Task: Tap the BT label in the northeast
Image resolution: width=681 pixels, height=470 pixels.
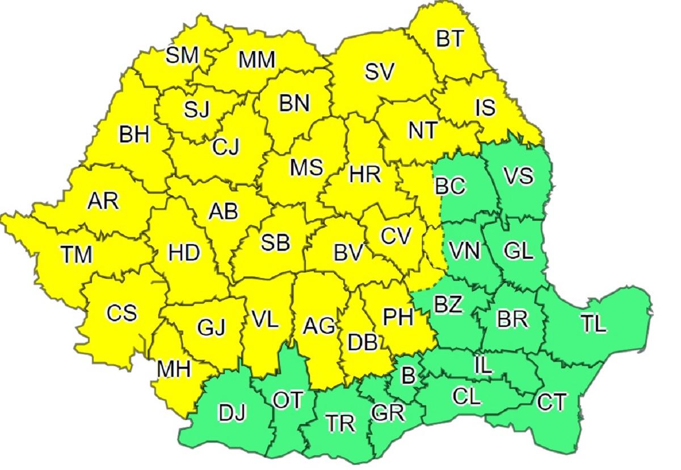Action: click(x=450, y=39)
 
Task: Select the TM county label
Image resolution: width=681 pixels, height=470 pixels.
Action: click(x=77, y=254)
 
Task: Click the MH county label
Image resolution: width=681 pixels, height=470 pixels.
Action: click(x=174, y=370)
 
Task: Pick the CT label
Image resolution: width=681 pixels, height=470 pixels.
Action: click(x=551, y=402)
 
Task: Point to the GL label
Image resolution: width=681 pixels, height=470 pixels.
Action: click(x=518, y=250)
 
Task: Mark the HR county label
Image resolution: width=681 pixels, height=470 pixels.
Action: click(x=365, y=174)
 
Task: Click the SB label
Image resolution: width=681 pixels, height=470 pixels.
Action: click(x=275, y=242)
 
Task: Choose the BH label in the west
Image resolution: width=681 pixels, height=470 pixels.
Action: click(x=134, y=135)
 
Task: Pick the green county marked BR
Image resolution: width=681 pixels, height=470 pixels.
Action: click(x=512, y=319)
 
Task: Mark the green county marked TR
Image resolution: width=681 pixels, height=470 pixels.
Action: click(x=340, y=423)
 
